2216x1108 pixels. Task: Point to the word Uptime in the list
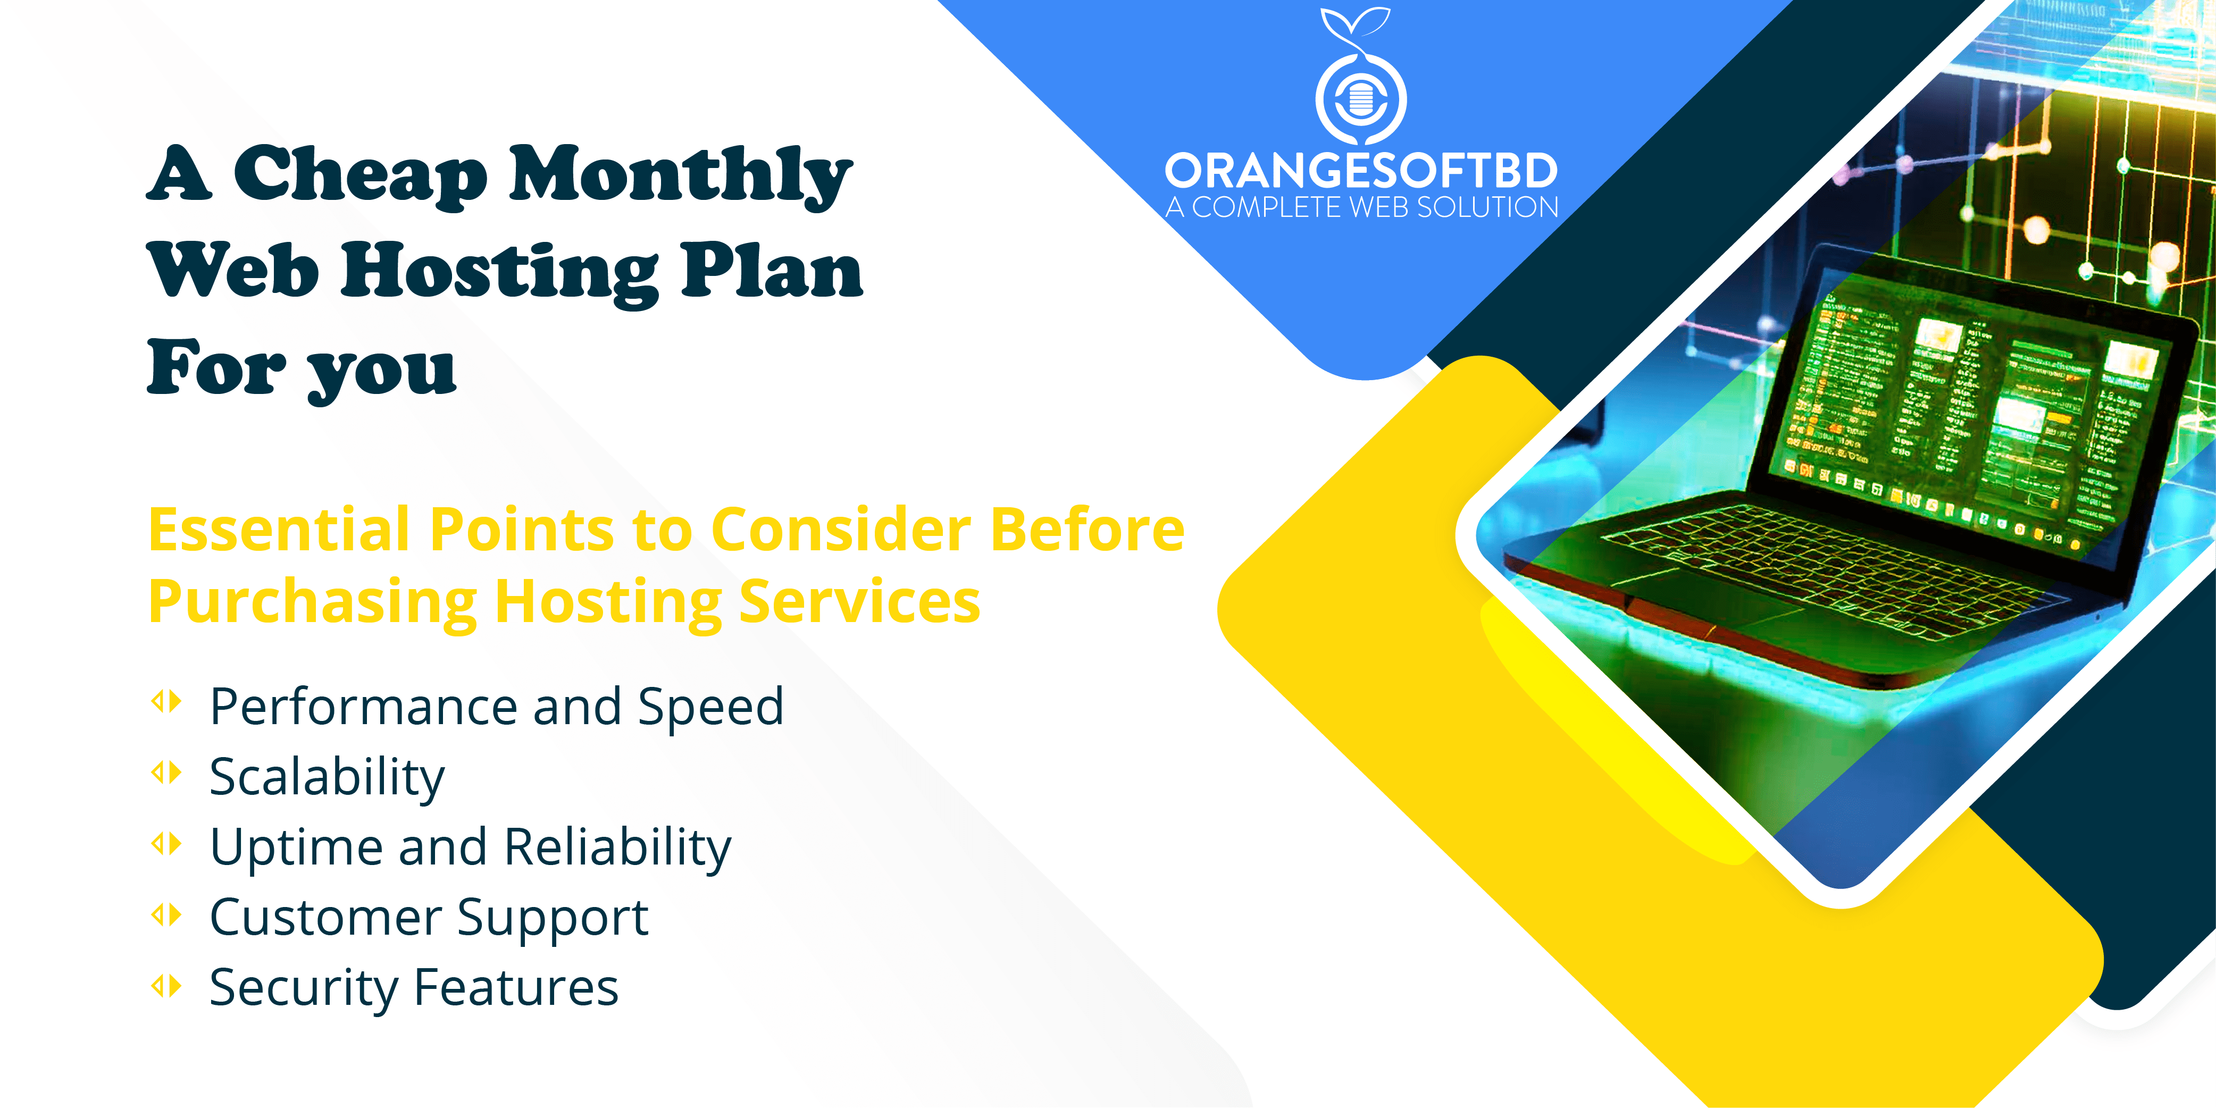295,848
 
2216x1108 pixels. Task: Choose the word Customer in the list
325,917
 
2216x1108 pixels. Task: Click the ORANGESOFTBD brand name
1361,171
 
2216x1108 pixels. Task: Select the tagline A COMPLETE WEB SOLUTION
1362,207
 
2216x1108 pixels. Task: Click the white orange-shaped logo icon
1361,78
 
